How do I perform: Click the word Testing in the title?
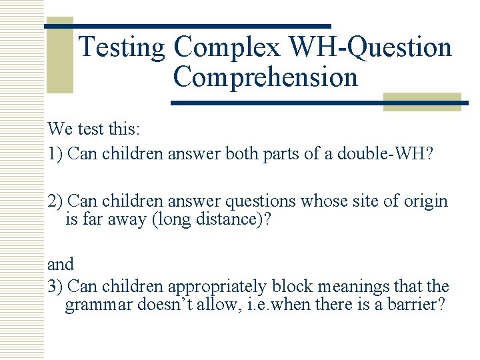122,48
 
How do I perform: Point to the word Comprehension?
265,77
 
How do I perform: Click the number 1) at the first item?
55,154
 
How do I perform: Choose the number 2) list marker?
55,201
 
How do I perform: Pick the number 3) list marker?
55,287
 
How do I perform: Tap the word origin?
425,201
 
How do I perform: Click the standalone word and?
61,265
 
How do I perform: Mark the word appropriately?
217,287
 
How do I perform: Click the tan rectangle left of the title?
59,55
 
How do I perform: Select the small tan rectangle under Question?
423,101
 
